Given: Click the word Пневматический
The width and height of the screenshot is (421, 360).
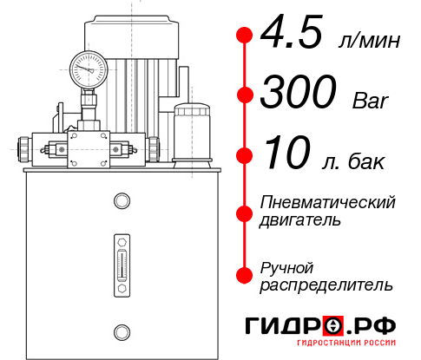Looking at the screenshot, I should [328, 202].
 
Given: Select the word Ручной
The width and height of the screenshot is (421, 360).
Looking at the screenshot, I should [287, 266].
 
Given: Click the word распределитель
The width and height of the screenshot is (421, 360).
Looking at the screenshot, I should [326, 285].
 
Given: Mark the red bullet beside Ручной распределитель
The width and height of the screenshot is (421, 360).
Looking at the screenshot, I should [245, 275].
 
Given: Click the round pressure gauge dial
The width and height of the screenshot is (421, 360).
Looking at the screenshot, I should [88, 65].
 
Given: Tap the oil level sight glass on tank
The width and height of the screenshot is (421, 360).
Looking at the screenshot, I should [122, 260].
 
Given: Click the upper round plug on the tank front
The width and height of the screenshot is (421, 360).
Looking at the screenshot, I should [122, 202].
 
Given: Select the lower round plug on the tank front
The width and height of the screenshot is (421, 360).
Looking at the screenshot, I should [122, 331].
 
